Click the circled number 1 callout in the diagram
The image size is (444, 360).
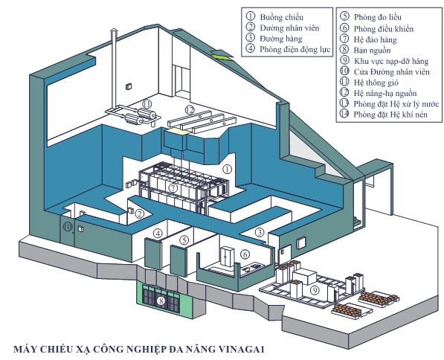[227, 170]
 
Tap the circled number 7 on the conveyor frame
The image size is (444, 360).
[173, 187]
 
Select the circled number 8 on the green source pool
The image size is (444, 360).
[161, 300]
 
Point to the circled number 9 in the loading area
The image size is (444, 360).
[315, 290]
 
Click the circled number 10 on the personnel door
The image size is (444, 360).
[68, 227]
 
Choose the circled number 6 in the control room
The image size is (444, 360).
[245, 254]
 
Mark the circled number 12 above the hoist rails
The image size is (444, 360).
[190, 110]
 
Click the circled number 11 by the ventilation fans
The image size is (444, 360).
[147, 104]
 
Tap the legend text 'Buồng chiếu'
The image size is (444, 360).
[282, 18]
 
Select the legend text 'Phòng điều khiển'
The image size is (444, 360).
[384, 29]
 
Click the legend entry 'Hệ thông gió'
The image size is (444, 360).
[376, 83]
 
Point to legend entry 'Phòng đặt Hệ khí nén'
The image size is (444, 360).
[390, 115]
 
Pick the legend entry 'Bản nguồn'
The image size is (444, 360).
[372, 51]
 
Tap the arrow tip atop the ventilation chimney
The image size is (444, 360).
[113, 28]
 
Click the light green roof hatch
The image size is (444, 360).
[222, 55]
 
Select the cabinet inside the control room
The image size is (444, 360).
[227, 256]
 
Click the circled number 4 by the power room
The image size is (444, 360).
[158, 234]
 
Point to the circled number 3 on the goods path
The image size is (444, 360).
[259, 233]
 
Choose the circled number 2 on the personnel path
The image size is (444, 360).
[139, 213]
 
